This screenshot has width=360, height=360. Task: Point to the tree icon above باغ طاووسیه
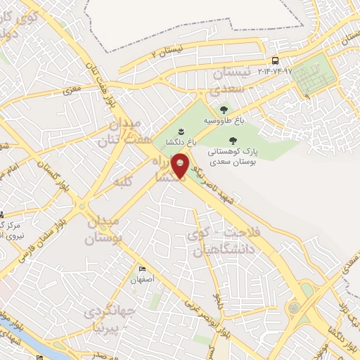point(224,109)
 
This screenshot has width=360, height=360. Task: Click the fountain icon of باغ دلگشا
point(181,131)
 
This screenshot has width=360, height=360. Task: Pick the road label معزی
point(72,90)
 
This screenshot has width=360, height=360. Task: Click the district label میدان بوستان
point(103,230)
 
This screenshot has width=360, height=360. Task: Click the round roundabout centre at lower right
point(293,307)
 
